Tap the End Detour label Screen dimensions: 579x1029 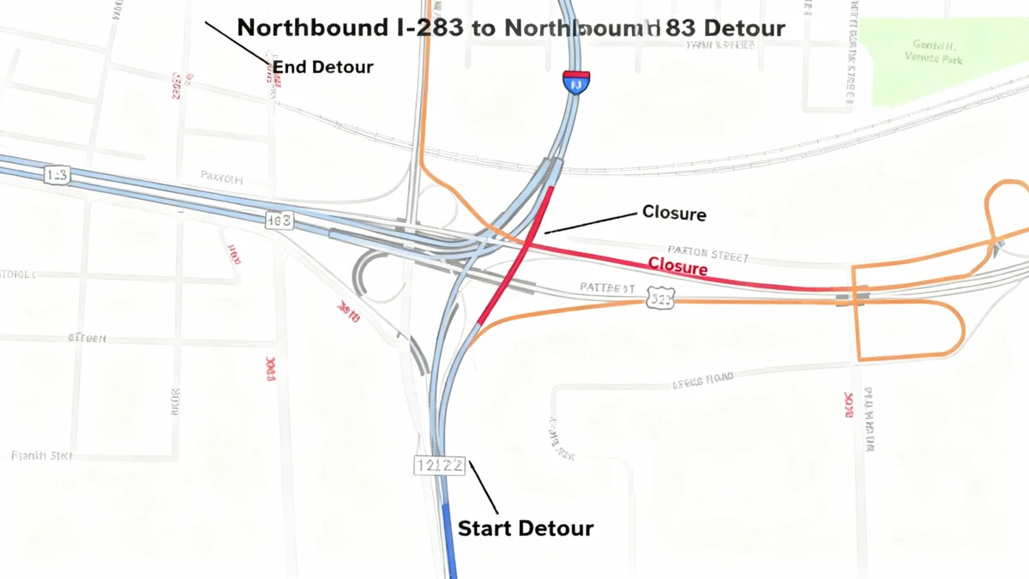point(323,67)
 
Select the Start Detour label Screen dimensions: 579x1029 point(525,528)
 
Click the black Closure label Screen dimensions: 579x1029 point(674,213)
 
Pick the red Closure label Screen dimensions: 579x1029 point(677,267)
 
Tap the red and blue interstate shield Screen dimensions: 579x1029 point(576,82)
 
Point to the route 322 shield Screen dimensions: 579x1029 point(661,298)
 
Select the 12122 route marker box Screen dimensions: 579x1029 point(439,466)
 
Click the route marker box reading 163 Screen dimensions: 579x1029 point(279,220)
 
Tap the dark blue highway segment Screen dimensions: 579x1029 point(448,540)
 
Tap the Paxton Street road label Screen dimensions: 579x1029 point(708,256)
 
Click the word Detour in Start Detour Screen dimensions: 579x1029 point(558,528)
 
